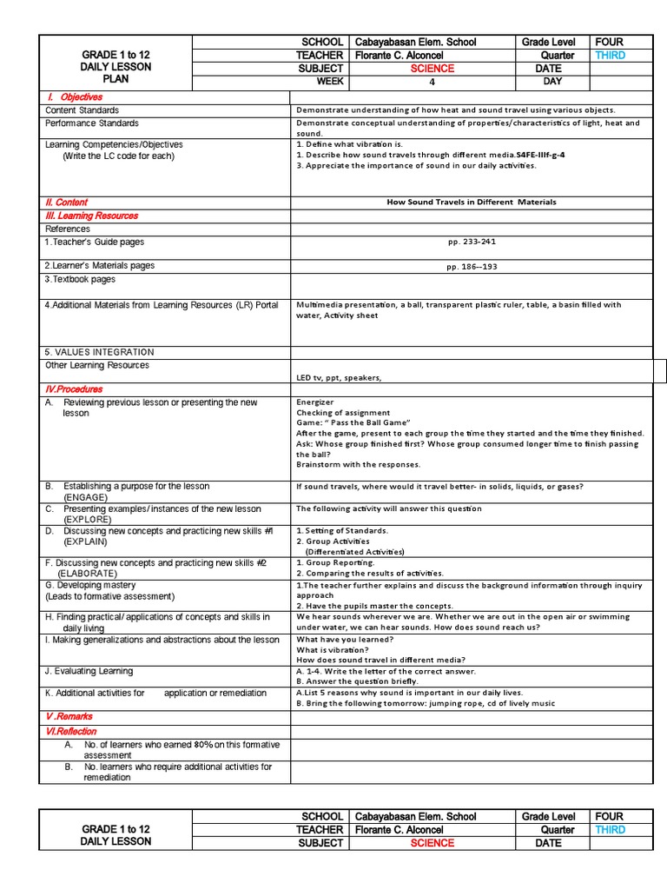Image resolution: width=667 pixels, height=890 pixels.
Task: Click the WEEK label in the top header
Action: click(x=330, y=82)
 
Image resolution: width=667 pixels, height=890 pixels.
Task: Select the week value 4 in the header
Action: click(x=432, y=83)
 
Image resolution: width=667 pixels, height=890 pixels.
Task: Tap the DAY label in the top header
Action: click(x=552, y=82)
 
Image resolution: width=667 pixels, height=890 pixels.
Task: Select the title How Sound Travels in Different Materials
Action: click(x=472, y=202)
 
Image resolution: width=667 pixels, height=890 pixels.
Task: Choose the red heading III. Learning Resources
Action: click(x=91, y=216)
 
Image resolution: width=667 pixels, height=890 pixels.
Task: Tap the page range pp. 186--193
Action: click(x=472, y=267)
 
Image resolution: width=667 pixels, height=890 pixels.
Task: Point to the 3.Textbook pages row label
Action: click(x=80, y=280)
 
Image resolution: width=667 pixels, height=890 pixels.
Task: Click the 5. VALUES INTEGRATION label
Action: click(x=99, y=352)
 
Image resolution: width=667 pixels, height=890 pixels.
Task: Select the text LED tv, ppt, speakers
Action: click(x=339, y=378)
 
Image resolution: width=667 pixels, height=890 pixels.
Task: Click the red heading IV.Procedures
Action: click(x=74, y=389)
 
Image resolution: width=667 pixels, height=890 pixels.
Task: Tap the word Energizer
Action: click(x=315, y=402)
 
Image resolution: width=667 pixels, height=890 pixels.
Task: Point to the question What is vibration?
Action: click(x=333, y=649)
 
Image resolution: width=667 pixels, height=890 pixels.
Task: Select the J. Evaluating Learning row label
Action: click(x=89, y=671)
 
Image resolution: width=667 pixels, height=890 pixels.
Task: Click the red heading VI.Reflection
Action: click(x=71, y=732)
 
